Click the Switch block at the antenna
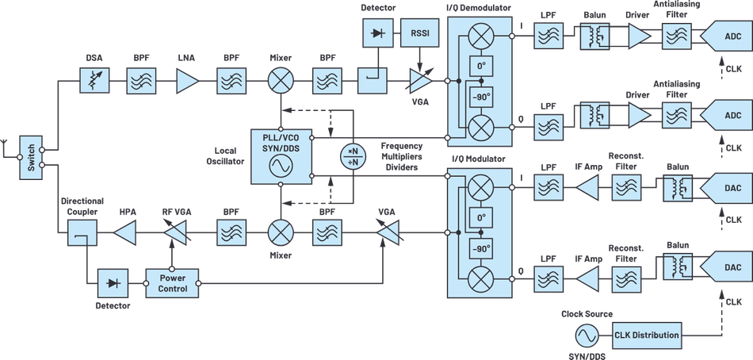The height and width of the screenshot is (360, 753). (x=31, y=157)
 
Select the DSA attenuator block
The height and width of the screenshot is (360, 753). (x=93, y=81)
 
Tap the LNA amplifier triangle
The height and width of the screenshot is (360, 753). (x=186, y=81)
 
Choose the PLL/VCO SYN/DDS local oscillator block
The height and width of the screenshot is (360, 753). (x=281, y=154)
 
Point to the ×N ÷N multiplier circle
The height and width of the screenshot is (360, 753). (x=354, y=156)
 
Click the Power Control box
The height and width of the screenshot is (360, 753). (x=173, y=283)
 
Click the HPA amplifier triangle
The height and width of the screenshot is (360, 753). (x=127, y=233)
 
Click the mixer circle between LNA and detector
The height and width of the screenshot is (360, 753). (x=280, y=81)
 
